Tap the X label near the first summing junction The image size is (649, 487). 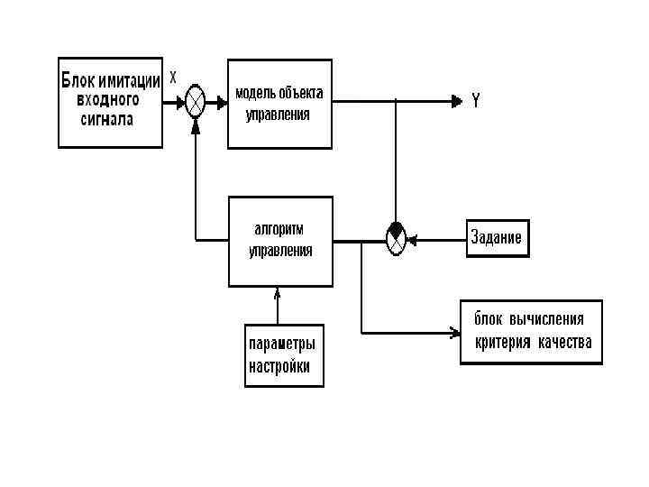[x=172, y=77]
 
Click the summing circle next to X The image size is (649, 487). [x=196, y=101]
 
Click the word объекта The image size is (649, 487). [x=301, y=94]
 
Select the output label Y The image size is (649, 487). [x=475, y=101]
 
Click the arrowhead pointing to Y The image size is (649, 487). [x=455, y=101]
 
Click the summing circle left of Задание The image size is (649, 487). [x=396, y=238]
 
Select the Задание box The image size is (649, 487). [x=497, y=238]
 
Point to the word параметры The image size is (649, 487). [x=283, y=345]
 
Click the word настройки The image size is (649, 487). [x=279, y=367]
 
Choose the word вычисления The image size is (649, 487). [x=547, y=319]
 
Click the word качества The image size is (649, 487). [x=565, y=343]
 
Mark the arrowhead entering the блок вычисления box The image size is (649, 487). [x=454, y=335]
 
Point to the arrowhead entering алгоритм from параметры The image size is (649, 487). [x=278, y=291]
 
